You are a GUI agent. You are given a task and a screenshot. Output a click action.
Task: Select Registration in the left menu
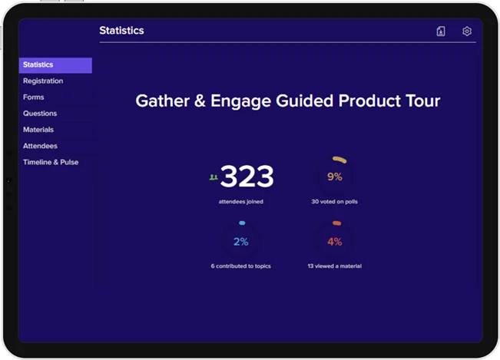coord(43,81)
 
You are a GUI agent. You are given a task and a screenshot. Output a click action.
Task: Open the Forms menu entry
coord(34,97)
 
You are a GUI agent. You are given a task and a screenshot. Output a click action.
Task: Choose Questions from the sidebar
coord(40,114)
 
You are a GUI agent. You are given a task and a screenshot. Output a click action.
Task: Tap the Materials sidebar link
coord(38,130)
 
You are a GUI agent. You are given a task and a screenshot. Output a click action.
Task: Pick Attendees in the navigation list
coord(40,146)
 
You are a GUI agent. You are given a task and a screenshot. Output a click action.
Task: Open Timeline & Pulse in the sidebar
coord(51,162)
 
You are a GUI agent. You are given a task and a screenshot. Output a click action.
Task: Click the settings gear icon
coord(467,31)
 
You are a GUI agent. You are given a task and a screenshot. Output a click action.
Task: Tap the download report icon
coord(441,31)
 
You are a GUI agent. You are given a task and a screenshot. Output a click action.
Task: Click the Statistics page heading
coord(121,31)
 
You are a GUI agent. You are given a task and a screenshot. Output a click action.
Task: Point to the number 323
coord(247,177)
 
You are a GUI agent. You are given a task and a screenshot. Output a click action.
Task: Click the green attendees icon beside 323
coord(214,177)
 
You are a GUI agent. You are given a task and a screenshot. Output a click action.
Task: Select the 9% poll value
coord(335,177)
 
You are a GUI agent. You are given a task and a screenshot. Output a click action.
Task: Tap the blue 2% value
coord(240,242)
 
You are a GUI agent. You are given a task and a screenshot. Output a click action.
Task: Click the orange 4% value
coord(335,242)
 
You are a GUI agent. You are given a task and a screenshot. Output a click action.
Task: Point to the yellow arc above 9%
coord(339,160)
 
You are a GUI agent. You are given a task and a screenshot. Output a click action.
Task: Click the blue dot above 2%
coord(242,223)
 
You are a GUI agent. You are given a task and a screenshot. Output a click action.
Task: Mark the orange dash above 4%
coord(336,223)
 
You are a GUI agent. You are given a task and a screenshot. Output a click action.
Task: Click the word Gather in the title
coord(163,101)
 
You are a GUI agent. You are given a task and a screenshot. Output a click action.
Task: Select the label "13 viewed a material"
coord(335,266)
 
